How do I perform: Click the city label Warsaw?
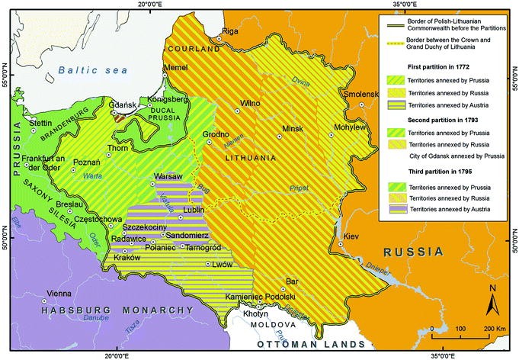coord(166,176)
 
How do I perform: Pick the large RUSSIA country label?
coord(413,252)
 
